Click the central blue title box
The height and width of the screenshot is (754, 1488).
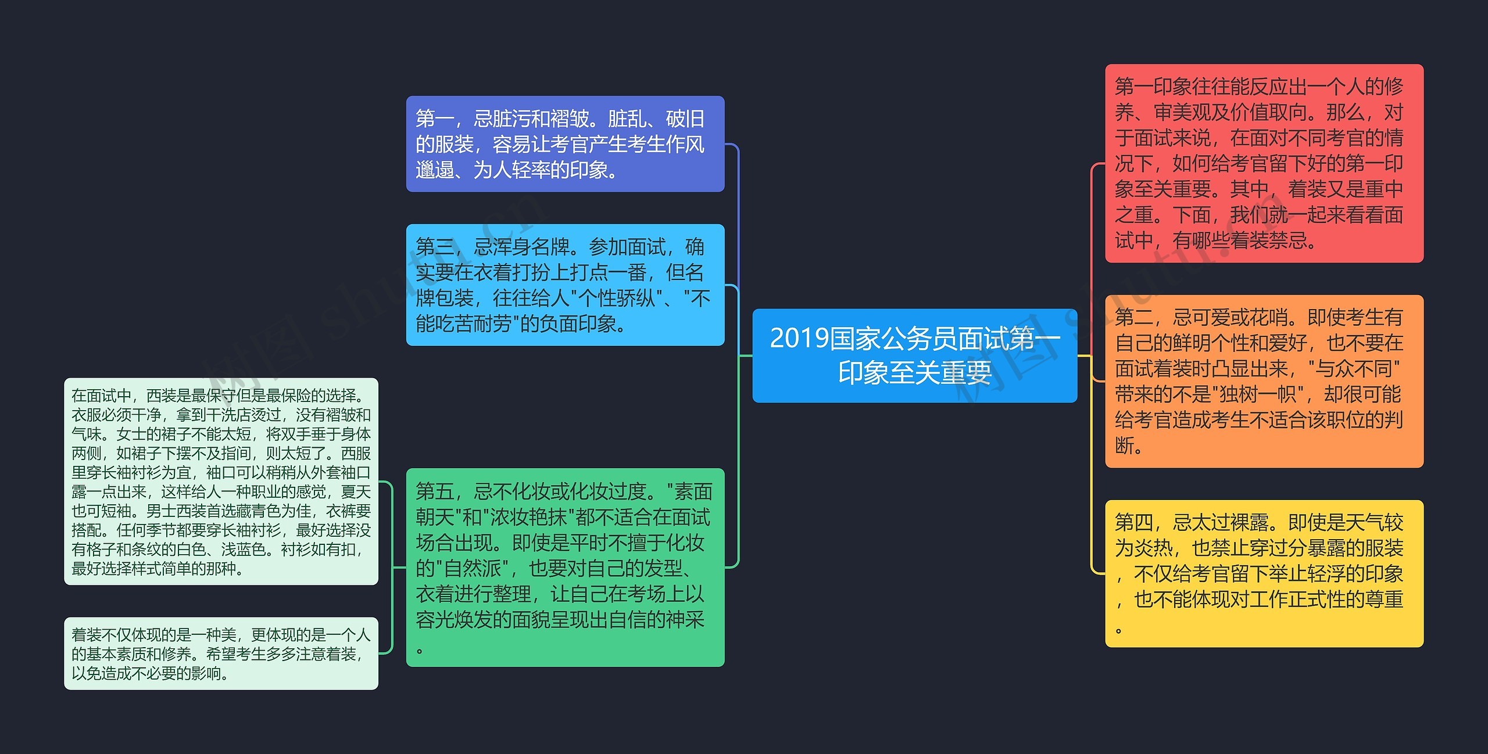click(x=914, y=355)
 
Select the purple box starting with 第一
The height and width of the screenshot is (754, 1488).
click(x=565, y=144)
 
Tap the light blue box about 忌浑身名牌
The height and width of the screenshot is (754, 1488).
click(x=565, y=285)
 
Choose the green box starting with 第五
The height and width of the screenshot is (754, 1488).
click(x=565, y=567)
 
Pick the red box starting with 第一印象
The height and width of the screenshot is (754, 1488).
click(x=1264, y=163)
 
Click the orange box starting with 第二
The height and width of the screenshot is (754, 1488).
click(x=1264, y=381)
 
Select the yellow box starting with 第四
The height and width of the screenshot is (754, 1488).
click(x=1264, y=573)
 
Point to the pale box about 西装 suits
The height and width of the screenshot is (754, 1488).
click(x=221, y=482)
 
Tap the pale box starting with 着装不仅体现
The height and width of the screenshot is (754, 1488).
click(x=221, y=654)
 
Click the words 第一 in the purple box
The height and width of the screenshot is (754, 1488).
click(x=434, y=119)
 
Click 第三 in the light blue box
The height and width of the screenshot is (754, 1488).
click(x=434, y=247)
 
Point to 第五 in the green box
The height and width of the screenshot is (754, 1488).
click(x=434, y=492)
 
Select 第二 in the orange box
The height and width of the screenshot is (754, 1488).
click(x=1133, y=318)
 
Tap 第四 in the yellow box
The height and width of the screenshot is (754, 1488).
click(x=1133, y=523)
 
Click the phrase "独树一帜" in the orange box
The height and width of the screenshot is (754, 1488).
click(x=1258, y=394)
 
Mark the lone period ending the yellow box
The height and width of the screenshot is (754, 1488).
click(x=1118, y=630)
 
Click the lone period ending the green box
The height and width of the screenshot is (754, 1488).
click(x=420, y=650)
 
